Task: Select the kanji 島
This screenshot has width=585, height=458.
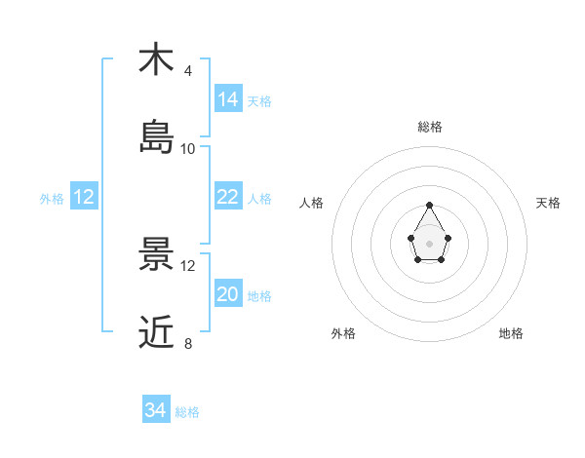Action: (156, 137)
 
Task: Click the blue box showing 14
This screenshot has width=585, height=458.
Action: (228, 98)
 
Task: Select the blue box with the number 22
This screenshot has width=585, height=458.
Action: (228, 197)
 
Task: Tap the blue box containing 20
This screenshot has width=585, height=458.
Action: (228, 294)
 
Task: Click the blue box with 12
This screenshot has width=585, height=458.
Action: (84, 197)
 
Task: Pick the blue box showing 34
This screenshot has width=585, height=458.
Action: (156, 410)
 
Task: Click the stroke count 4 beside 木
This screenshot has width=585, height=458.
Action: (188, 70)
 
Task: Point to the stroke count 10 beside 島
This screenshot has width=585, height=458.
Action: (188, 148)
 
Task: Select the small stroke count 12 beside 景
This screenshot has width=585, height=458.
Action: (188, 265)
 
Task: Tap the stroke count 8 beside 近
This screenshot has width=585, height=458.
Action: (188, 343)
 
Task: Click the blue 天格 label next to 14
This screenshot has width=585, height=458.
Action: (259, 100)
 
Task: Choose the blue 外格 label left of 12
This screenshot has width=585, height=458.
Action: (52, 199)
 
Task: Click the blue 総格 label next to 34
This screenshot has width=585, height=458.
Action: (187, 412)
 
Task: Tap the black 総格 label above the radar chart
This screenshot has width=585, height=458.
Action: (430, 127)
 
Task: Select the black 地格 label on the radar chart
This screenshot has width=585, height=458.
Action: (511, 333)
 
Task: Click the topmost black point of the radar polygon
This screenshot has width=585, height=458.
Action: (430, 205)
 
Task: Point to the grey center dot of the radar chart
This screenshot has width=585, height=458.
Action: (430, 242)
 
